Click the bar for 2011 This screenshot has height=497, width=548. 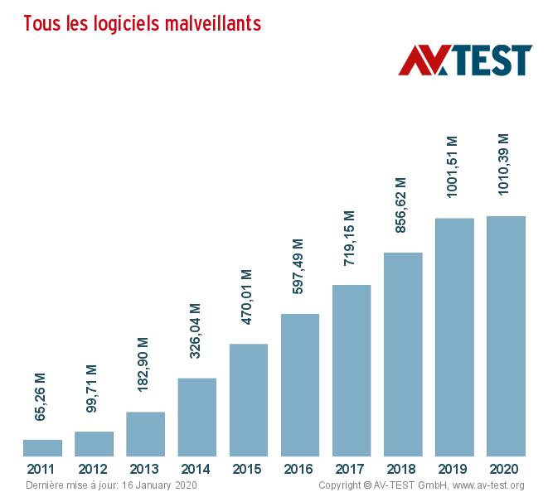[x=42, y=448]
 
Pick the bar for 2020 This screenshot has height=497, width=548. [x=506, y=336]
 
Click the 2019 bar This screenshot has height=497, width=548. [x=454, y=337]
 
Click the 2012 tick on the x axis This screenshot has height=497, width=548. [x=93, y=470]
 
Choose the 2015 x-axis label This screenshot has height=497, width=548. [x=248, y=470]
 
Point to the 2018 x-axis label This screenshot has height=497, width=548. [x=402, y=470]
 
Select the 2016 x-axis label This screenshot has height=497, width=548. [x=299, y=470]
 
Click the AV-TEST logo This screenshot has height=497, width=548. [x=465, y=60]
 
